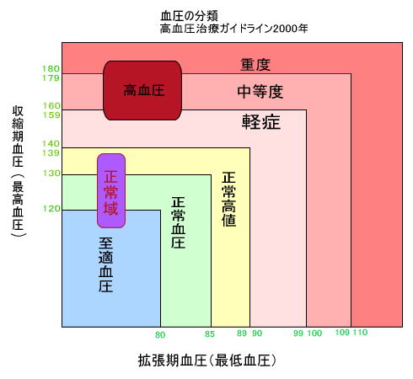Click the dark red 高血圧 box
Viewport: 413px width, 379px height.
142,90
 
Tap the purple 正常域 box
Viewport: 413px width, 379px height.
111,190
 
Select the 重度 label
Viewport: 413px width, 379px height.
255,65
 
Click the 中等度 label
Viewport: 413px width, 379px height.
260,92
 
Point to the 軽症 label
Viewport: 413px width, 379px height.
261,122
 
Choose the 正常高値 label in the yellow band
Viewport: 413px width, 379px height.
229,199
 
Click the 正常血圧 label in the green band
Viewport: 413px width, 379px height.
178,222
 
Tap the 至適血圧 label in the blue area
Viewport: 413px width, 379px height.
106,264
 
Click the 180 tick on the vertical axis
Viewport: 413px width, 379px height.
51,68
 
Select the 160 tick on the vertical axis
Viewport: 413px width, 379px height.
51,105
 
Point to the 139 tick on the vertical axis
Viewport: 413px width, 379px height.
51,153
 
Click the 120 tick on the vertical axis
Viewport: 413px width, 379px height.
51,209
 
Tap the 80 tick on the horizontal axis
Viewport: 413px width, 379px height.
160,334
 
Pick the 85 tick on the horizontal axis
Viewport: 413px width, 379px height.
210,334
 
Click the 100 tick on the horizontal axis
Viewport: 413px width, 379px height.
314,334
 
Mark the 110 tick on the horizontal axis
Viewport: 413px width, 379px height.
360,333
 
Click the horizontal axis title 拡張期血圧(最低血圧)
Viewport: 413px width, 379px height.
207,360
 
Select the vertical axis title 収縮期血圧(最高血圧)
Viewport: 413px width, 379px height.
18,172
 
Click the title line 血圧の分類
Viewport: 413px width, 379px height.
189,16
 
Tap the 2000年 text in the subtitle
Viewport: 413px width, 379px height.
290,29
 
